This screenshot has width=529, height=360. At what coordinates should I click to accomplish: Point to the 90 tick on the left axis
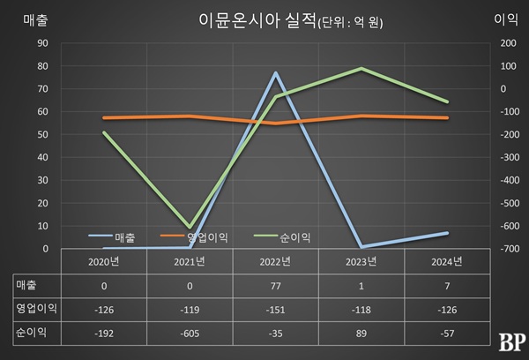pyautogui.click(x=41, y=42)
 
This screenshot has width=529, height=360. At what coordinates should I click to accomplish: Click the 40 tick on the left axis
pyautogui.click(x=41, y=157)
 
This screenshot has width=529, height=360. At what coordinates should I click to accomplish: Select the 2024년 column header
pyautogui.click(x=446, y=261)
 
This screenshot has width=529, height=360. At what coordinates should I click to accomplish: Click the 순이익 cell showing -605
pyautogui.click(x=190, y=334)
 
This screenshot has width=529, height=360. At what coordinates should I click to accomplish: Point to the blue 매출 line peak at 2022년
pyautogui.click(x=275, y=72)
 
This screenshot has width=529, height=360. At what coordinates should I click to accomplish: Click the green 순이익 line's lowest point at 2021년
pyautogui.click(x=190, y=228)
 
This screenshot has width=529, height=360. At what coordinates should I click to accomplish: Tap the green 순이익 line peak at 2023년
pyautogui.click(x=361, y=68)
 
